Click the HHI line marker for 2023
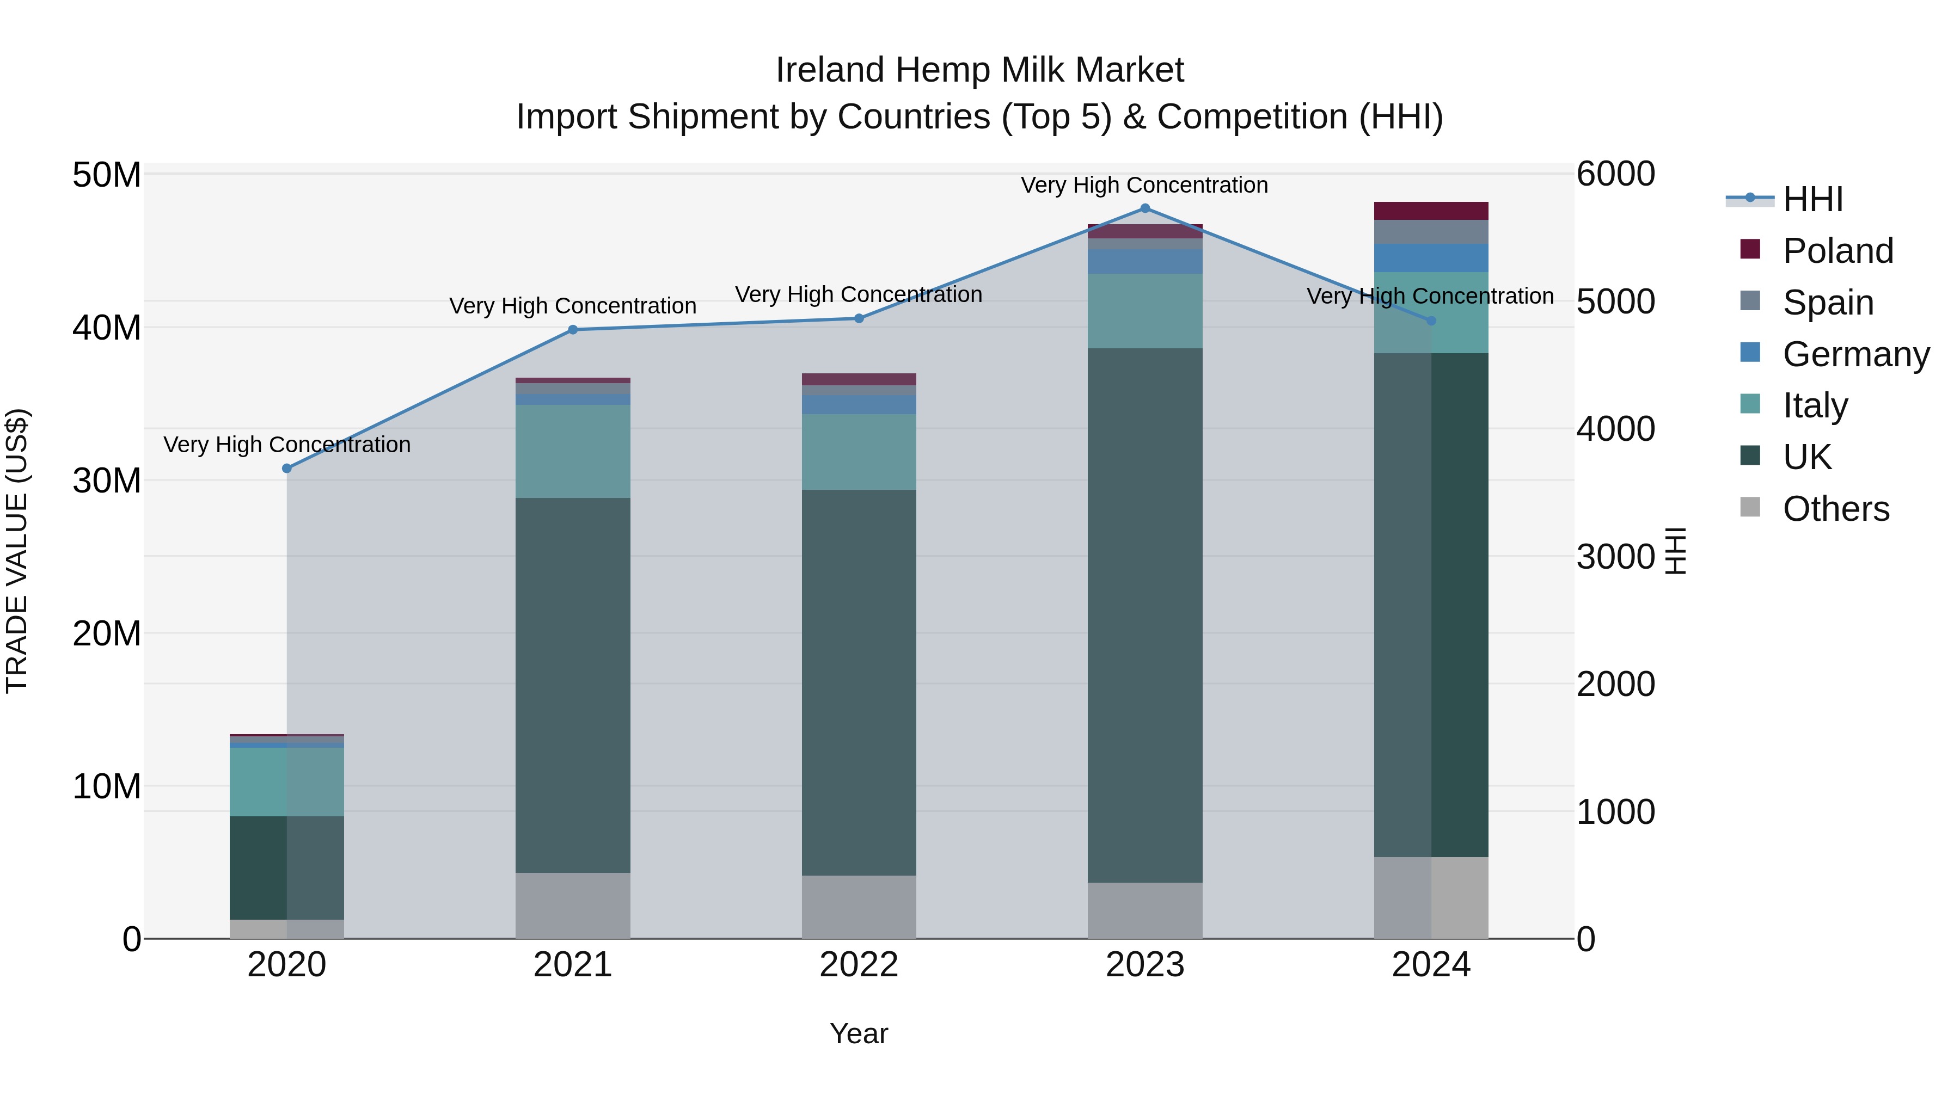point(1144,208)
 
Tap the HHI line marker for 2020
point(287,469)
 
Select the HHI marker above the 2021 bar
point(573,329)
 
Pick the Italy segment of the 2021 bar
point(572,451)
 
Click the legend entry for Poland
point(1837,250)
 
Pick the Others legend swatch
point(1750,507)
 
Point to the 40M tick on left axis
point(107,328)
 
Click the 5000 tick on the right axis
point(1615,302)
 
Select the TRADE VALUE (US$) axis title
point(17,551)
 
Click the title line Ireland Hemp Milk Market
point(979,70)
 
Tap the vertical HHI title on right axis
point(1675,551)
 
